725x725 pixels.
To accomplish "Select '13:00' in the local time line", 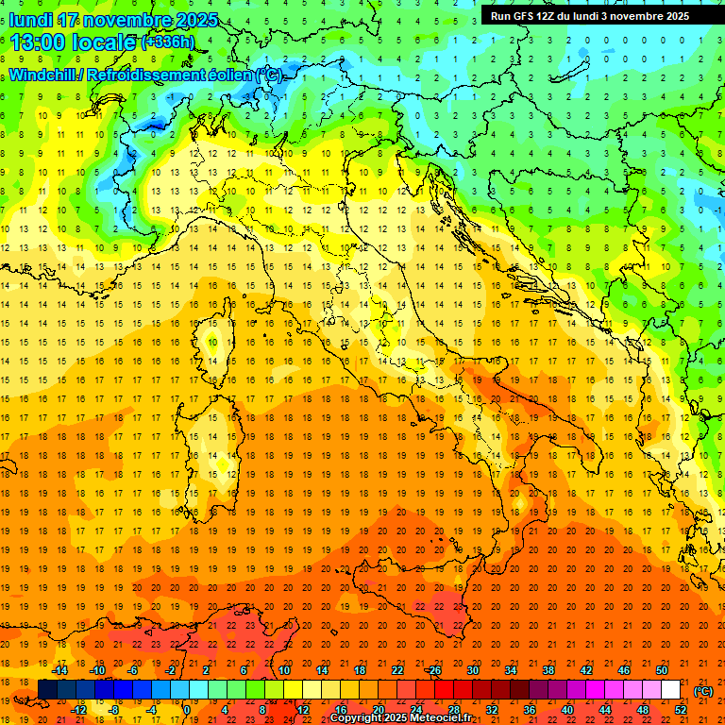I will [38, 42].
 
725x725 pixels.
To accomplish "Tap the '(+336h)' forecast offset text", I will [167, 42].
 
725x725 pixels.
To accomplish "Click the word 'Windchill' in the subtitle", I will [46, 75].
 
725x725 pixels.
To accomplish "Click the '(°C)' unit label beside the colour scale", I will [703, 691].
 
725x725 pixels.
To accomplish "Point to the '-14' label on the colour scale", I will [64, 670].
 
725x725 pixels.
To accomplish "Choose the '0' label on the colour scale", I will [187, 709].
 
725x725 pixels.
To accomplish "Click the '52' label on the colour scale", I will [681, 709].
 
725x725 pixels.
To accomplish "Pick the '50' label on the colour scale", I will [662, 670].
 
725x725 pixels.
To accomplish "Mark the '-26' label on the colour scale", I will [433, 670].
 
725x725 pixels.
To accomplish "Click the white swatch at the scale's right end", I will [670, 689].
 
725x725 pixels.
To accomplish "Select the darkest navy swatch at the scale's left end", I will [47, 689].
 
